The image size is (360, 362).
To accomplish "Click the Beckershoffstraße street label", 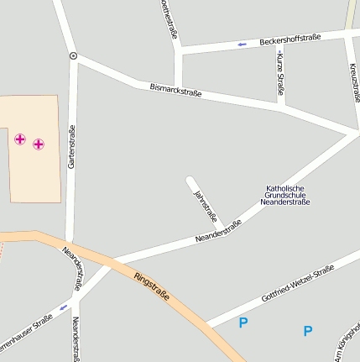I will [x=290, y=39].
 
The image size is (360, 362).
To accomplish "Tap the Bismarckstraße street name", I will [x=175, y=89].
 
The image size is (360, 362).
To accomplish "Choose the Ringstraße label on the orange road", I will [x=152, y=286].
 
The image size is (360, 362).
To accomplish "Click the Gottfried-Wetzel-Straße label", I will [x=298, y=282].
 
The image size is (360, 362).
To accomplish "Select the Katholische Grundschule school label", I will [x=285, y=195].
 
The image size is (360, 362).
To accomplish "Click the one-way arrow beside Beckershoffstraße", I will [x=243, y=44].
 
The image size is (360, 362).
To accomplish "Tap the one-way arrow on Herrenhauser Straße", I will [x=64, y=307].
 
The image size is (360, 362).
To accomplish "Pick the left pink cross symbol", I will [x=20, y=139].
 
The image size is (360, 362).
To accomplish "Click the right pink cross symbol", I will [x=39, y=144].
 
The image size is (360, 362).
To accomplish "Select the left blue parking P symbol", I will [x=243, y=323].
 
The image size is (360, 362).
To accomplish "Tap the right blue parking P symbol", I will [x=307, y=331].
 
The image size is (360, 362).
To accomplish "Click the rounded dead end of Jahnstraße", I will [x=190, y=180].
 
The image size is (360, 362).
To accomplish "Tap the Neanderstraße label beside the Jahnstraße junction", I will [x=218, y=231].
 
